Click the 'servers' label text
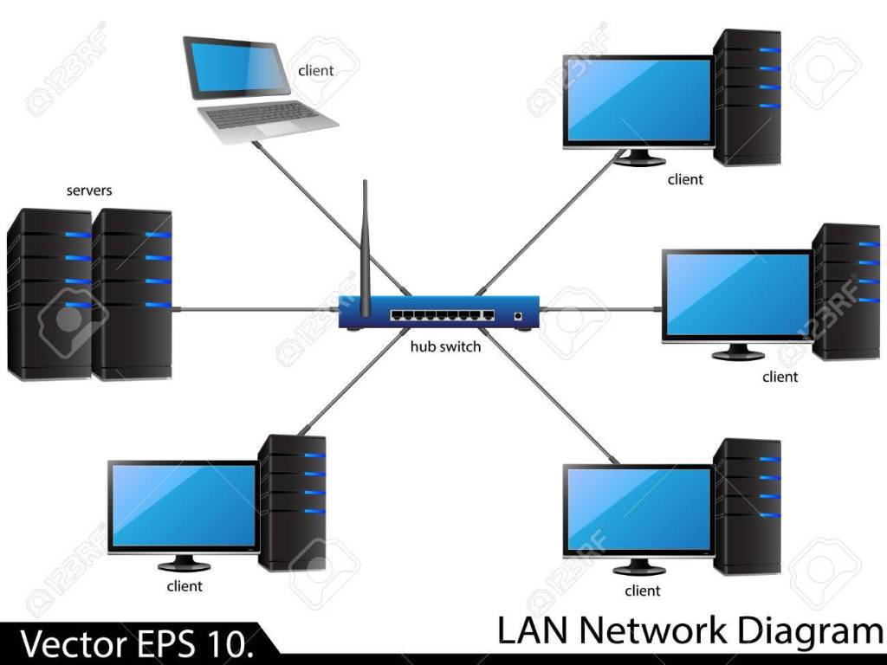click(89, 190)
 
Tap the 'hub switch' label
click(445, 346)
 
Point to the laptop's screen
click(237, 68)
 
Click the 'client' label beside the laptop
click(315, 71)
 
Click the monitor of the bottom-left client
click(184, 507)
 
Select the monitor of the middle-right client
click(737, 295)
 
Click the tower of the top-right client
click(748, 97)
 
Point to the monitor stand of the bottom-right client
click(638, 568)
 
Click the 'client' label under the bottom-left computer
click(184, 586)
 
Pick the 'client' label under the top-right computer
click(685, 180)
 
